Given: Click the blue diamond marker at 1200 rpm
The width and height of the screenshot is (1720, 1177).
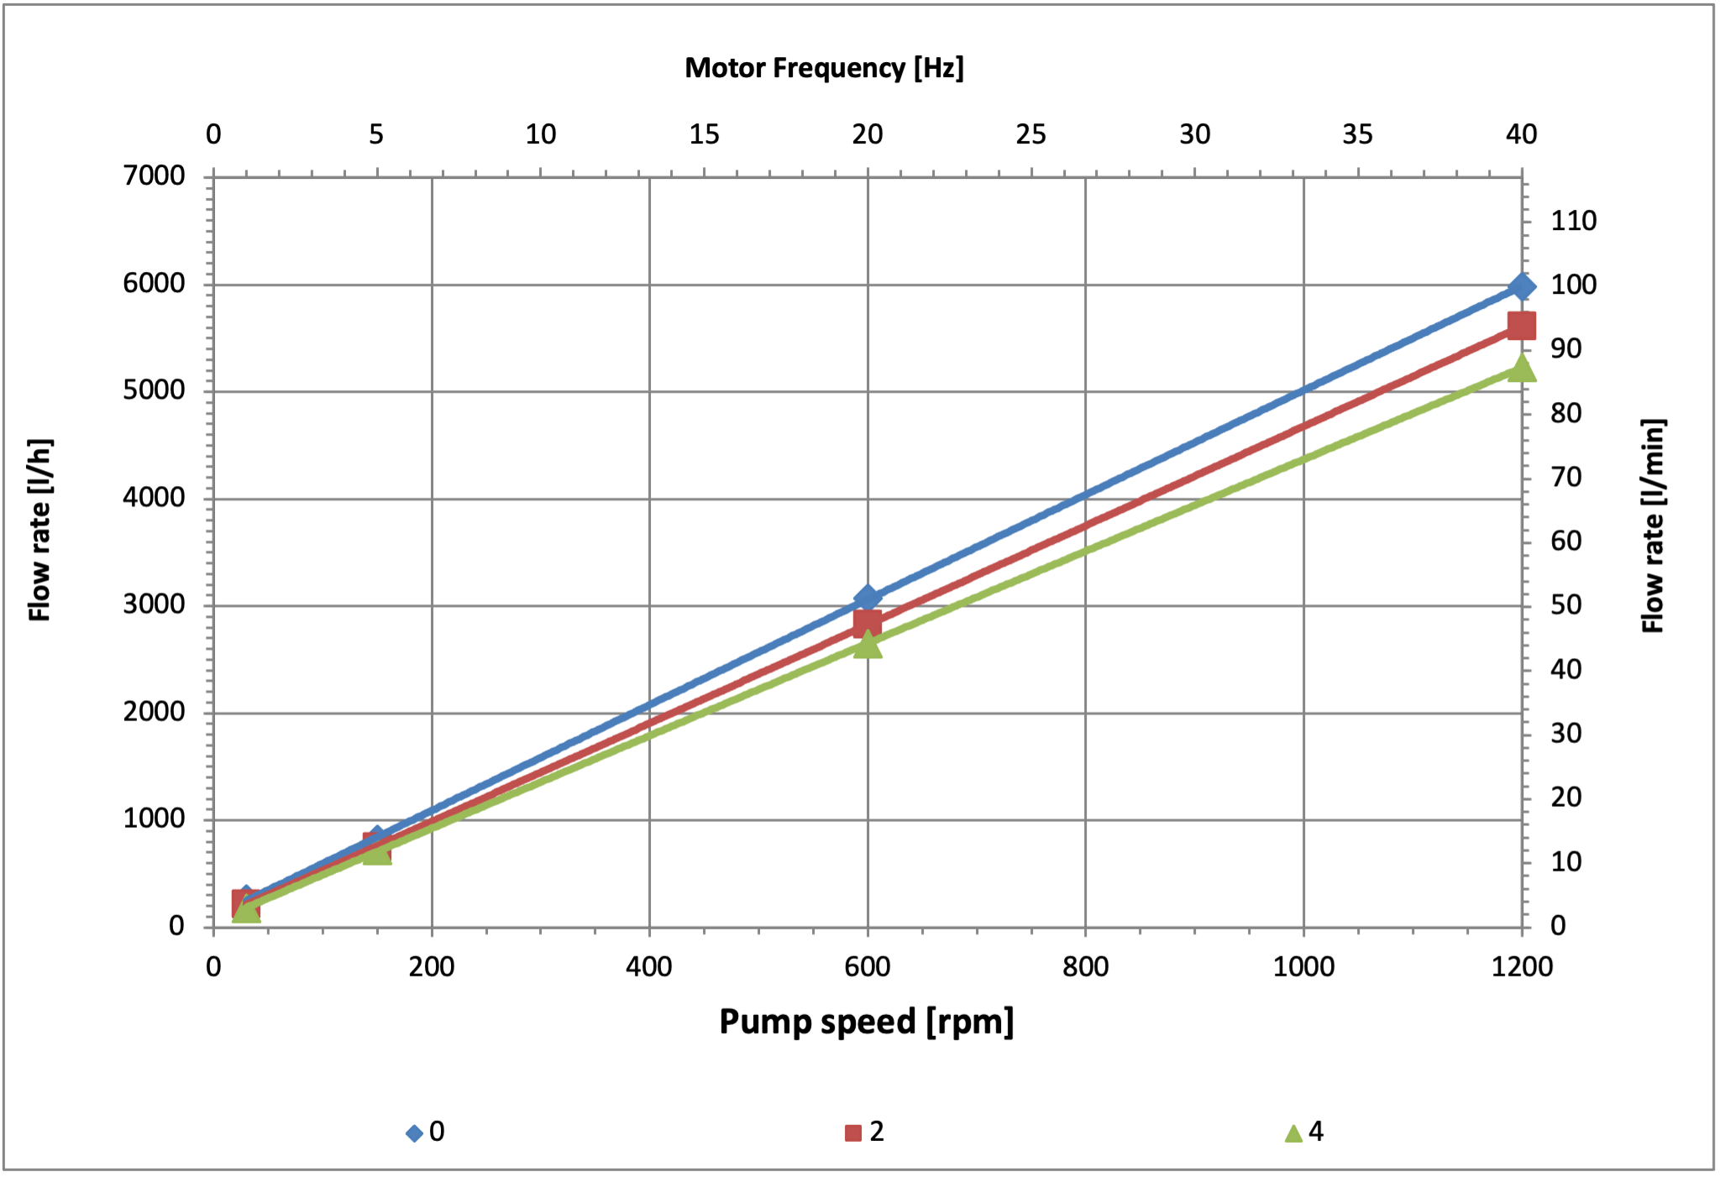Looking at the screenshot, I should (x=1521, y=287).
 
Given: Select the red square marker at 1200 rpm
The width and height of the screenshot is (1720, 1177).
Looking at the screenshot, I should (x=1521, y=325).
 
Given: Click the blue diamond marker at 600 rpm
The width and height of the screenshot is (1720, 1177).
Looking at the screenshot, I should (x=868, y=598).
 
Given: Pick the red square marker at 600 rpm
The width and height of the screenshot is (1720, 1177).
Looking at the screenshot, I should (x=868, y=623).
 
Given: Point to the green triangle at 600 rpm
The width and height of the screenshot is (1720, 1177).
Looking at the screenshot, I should (x=868, y=645).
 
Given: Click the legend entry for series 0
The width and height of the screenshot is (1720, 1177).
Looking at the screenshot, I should (x=426, y=1132).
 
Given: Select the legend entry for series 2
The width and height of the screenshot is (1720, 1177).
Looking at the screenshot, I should (x=865, y=1132).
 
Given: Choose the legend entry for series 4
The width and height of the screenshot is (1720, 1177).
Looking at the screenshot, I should (x=1304, y=1132).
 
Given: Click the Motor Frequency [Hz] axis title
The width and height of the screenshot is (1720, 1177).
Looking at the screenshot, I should (x=824, y=68).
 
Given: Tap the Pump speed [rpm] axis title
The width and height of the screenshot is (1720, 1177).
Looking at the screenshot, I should (x=867, y=1022).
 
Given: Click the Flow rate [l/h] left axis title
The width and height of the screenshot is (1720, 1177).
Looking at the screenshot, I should (x=40, y=529).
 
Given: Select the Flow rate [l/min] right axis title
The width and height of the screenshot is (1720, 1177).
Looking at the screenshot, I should (x=1653, y=525).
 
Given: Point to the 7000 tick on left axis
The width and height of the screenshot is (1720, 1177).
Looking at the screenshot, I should (x=154, y=176).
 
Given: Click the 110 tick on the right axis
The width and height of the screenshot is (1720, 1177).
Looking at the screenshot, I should (x=1573, y=222).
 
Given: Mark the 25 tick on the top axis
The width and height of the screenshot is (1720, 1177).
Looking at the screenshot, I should (x=1030, y=134).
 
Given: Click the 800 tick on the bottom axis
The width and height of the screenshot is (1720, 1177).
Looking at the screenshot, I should (x=1085, y=967).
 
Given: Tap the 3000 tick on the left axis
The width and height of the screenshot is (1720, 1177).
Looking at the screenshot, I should (x=154, y=604).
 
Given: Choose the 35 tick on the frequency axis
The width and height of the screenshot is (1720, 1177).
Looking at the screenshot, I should (x=1357, y=134).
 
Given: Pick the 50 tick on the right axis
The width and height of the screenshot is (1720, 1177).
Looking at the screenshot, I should (x=1565, y=605).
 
